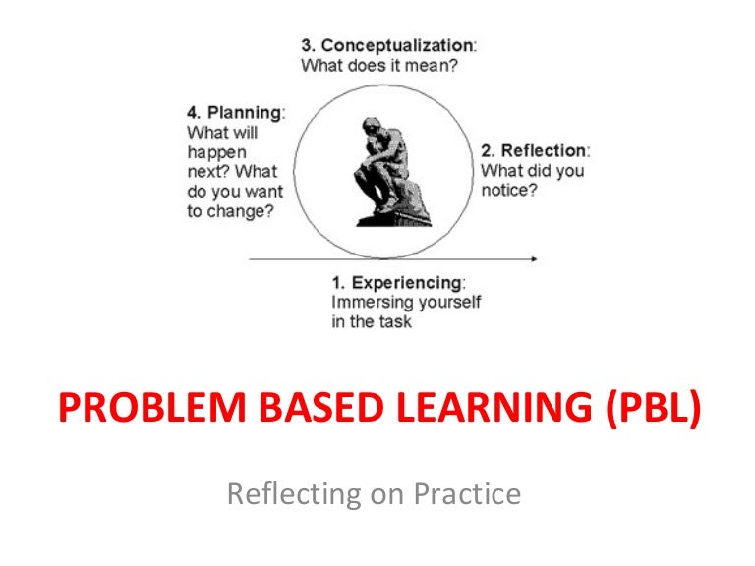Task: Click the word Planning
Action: pos(244,112)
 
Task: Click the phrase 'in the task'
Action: pos(372,322)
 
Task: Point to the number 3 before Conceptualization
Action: pos(306,45)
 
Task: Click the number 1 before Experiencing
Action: pos(337,283)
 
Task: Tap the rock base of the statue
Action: pos(390,211)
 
